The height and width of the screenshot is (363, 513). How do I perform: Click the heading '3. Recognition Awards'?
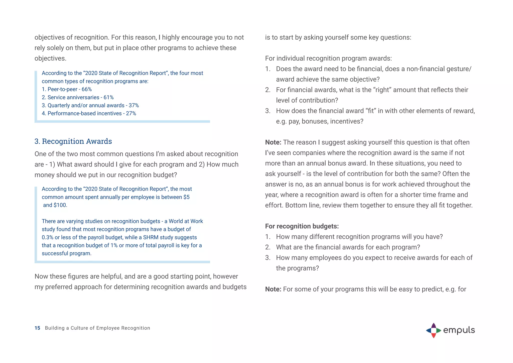tap(73, 141)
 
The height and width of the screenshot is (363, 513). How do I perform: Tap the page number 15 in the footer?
tap(37, 328)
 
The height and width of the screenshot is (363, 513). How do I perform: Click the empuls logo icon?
tap(434, 330)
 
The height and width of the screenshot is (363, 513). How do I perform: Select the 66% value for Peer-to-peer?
tap(87, 89)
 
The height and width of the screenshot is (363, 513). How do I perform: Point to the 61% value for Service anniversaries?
tap(108, 97)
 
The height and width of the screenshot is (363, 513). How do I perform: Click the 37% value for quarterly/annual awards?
tap(134, 105)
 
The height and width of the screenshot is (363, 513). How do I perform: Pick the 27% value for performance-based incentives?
tap(131, 113)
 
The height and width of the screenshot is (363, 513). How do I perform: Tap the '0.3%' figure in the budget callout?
tap(47, 237)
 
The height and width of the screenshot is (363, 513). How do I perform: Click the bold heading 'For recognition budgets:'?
tap(302, 226)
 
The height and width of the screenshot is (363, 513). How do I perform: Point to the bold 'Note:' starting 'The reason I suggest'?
tap(273, 142)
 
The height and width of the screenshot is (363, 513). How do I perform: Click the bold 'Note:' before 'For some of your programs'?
tap(273, 289)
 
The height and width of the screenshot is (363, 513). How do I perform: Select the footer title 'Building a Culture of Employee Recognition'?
tap(97, 328)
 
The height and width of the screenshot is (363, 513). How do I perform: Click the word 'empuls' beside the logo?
tap(459, 330)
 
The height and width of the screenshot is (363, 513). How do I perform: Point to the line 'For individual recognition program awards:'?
tap(328, 58)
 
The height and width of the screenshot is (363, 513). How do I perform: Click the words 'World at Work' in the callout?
tap(186, 221)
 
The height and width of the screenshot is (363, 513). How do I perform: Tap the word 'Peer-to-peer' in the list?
tap(62, 89)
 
